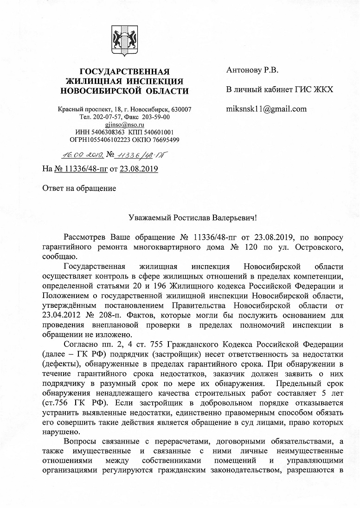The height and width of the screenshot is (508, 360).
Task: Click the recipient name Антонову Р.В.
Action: pyautogui.click(x=252, y=70)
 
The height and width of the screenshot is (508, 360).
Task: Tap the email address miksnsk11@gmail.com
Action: pyautogui.click(x=266, y=109)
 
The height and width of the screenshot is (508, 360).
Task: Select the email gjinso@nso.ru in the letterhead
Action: pyautogui.click(x=125, y=125)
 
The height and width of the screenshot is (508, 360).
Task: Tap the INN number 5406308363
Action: pyautogui.click(x=110, y=132)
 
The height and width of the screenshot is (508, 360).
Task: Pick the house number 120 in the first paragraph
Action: pyautogui.click(x=265, y=248)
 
